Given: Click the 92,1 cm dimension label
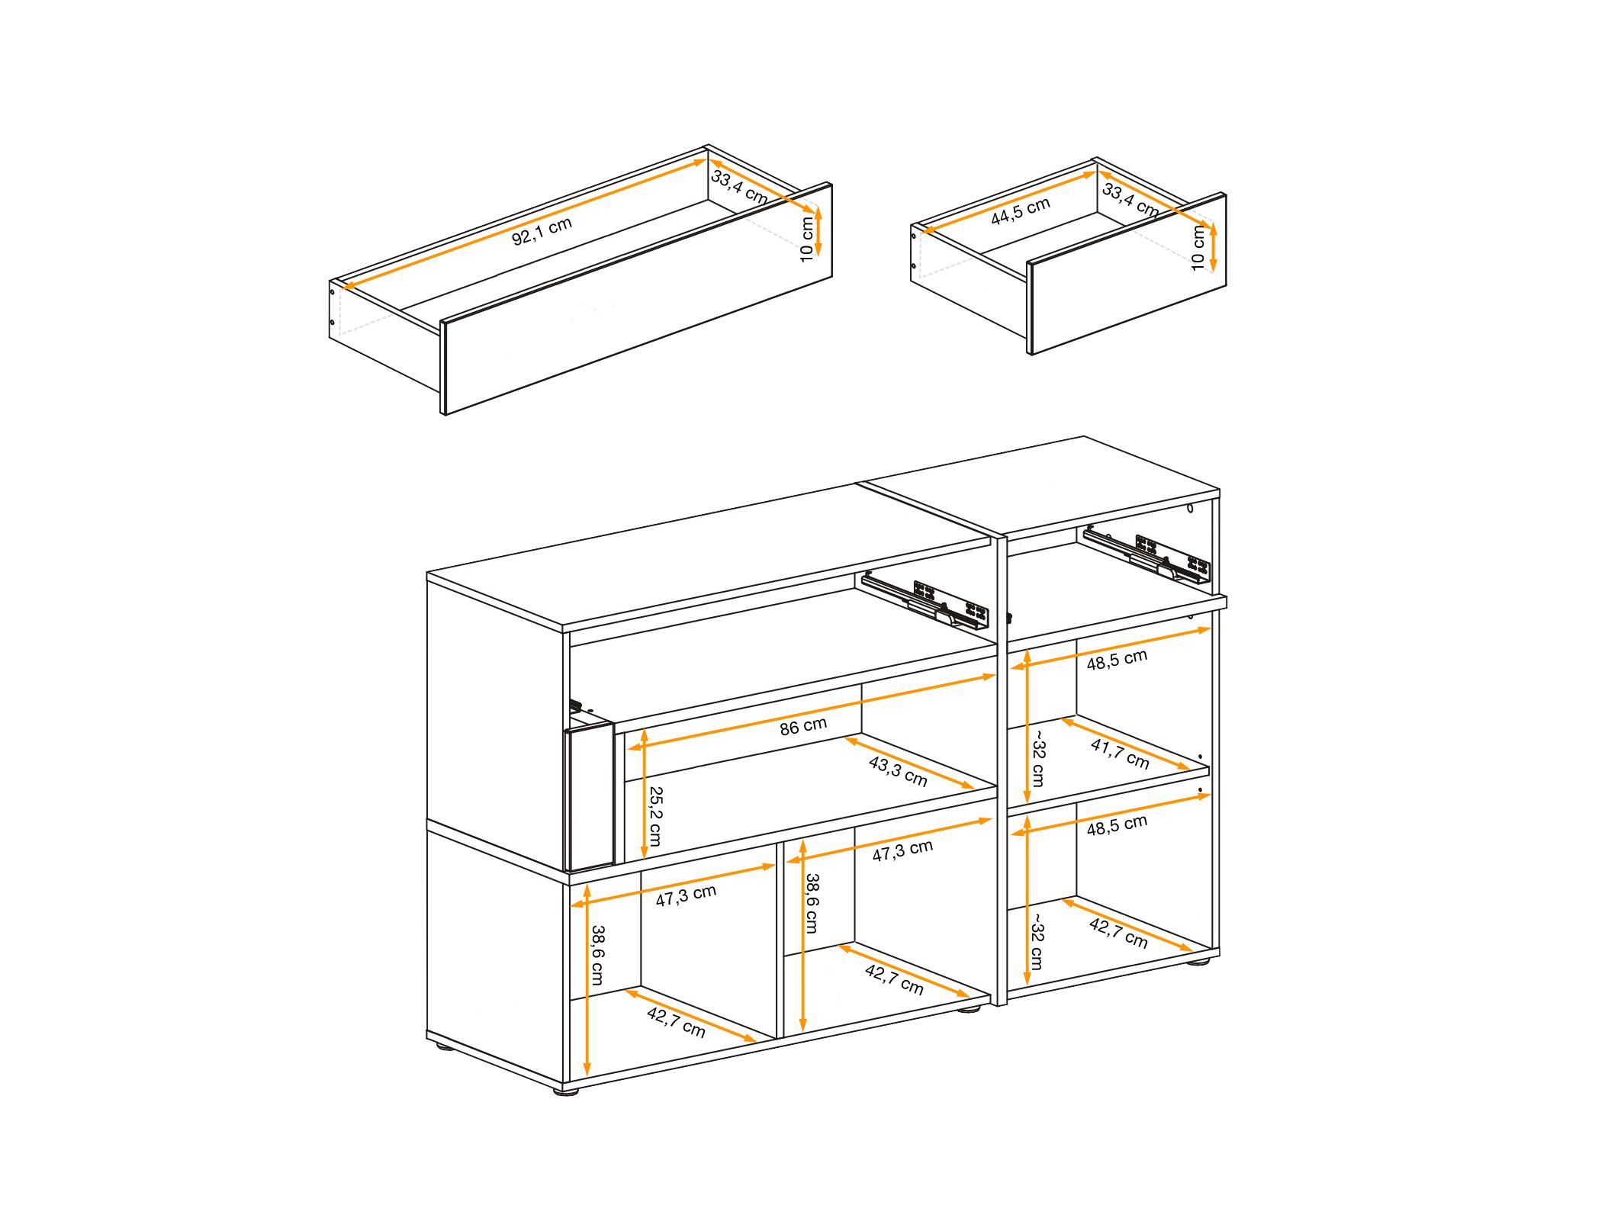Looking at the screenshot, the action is tap(542, 232).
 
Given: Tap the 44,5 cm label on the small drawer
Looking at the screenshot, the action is tap(1021, 211).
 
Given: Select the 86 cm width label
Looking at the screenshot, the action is tap(803, 725).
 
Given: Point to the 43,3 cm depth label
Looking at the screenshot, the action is tap(898, 772).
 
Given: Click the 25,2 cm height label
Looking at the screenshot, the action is tap(655, 815).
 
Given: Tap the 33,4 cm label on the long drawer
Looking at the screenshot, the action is tap(739, 187).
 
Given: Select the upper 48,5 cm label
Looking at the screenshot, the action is tap(1117, 660).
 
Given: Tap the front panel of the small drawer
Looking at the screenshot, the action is tap(1127, 273).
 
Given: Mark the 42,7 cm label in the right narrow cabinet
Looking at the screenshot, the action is tap(1118, 934).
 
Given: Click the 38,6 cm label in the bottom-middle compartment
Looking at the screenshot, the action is tap(812, 903).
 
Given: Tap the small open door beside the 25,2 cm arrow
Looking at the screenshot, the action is tap(589, 797).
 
